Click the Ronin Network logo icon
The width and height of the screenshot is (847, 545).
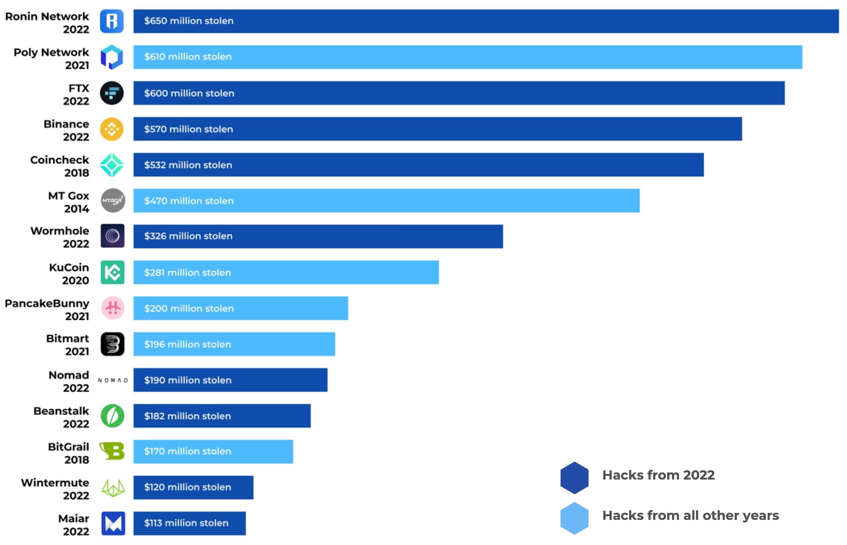[x=112, y=21]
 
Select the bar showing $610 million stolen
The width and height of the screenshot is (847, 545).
[x=468, y=57]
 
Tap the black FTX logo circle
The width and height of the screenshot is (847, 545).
[x=112, y=93]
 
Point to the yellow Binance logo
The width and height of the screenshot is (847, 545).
[x=112, y=129]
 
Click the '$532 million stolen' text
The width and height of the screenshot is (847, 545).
[x=188, y=165]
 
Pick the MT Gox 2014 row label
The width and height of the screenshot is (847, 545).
[x=68, y=202]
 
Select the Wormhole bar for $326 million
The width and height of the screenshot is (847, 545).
[x=318, y=236]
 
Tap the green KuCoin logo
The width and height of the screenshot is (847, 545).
[x=112, y=272]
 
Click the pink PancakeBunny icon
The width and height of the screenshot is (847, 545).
[x=113, y=308]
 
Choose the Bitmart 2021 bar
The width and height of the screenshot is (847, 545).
[x=234, y=344]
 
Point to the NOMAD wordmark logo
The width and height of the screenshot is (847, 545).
[x=113, y=380]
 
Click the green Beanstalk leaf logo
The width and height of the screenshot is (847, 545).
[x=112, y=416]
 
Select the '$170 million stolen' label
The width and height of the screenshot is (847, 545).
[x=188, y=451]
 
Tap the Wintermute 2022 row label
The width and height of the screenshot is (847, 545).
[x=55, y=489]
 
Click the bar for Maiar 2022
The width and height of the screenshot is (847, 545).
[x=189, y=523]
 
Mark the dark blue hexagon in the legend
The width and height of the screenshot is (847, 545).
[x=574, y=477]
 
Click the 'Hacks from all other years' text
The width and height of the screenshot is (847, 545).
[x=690, y=515]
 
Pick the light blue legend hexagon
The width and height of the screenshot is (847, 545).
[x=574, y=518]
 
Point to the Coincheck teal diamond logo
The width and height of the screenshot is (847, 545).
[x=112, y=165]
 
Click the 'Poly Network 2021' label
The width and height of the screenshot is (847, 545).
[x=51, y=58]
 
